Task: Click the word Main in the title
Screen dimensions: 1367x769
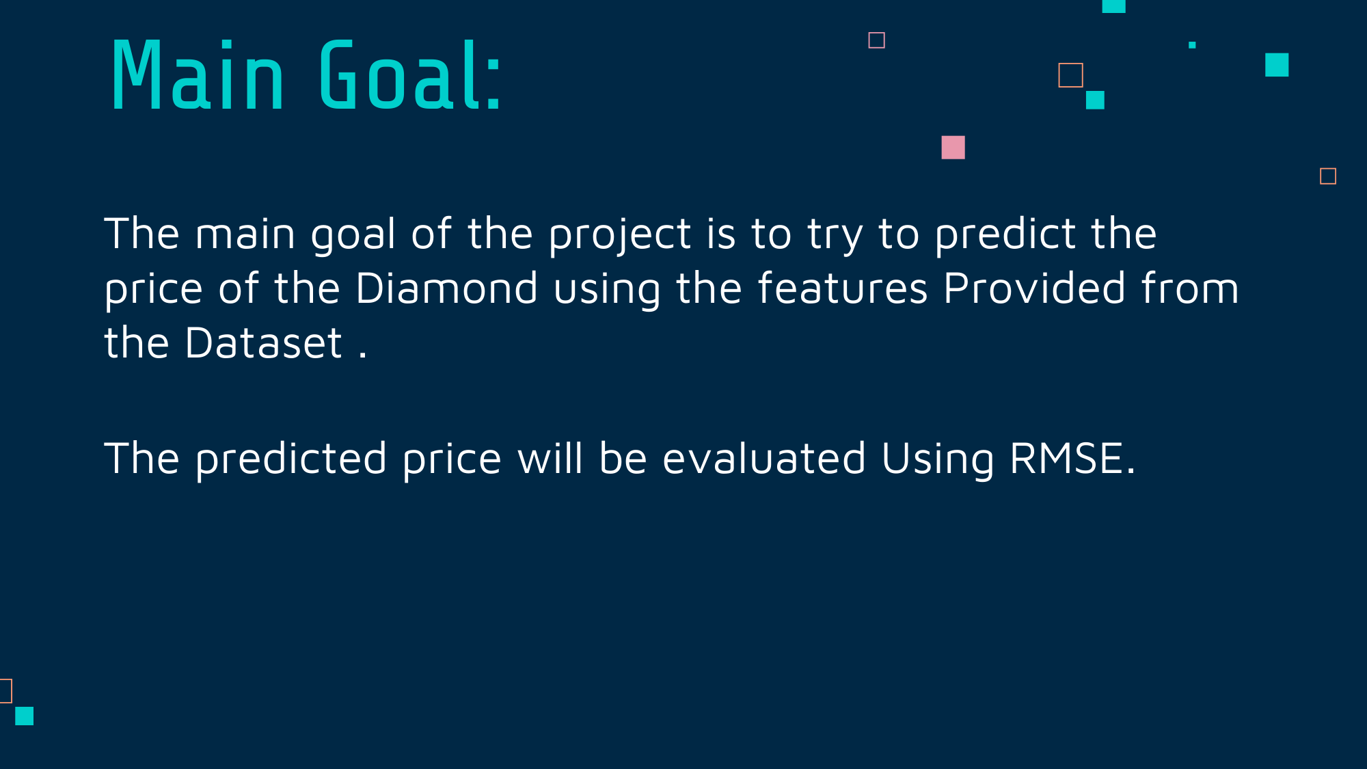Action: pyautogui.click(x=198, y=75)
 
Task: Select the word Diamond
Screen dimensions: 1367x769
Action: pyautogui.click(x=446, y=288)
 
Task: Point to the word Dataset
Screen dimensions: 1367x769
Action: pyautogui.click(x=263, y=342)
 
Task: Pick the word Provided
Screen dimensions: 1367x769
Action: pyautogui.click(x=1034, y=288)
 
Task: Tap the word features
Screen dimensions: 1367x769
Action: pyautogui.click(x=843, y=288)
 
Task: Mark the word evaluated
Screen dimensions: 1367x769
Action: pyautogui.click(x=764, y=458)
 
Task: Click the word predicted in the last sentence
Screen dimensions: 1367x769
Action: pyautogui.click(x=291, y=459)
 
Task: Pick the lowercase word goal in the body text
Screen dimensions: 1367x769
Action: pyautogui.click(x=353, y=236)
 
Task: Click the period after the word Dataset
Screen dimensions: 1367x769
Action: pyautogui.click(x=362, y=355)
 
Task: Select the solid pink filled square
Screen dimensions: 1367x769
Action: pyautogui.click(x=953, y=147)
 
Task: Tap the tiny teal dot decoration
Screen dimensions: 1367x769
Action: pyautogui.click(x=1192, y=45)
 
